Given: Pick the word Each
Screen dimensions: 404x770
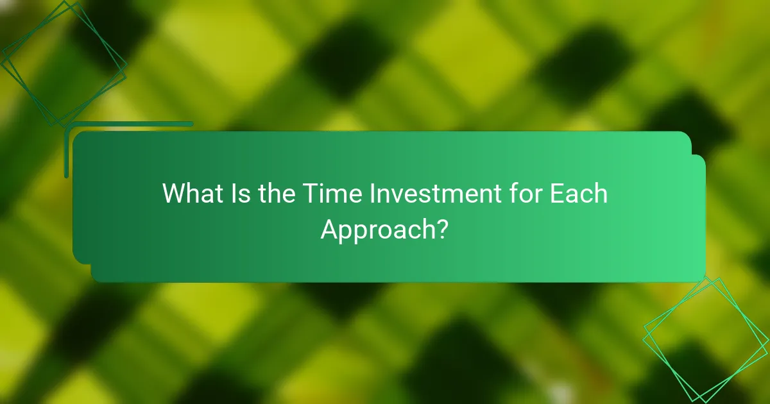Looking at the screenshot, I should (x=578, y=194).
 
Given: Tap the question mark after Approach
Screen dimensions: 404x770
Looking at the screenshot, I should (x=441, y=228).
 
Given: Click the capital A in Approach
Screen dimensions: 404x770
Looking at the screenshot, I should (x=329, y=228).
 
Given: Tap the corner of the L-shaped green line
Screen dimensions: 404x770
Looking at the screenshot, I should (x=67, y=124).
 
